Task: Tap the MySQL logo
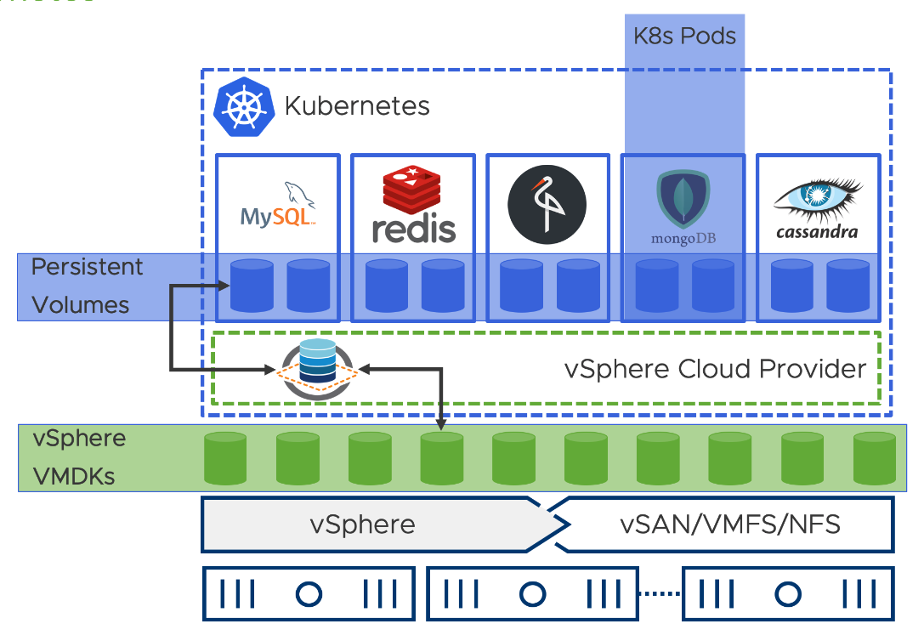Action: coord(277,206)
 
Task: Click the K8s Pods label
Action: coord(684,37)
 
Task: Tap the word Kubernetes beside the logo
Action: coord(357,106)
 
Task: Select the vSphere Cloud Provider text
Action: coord(715,369)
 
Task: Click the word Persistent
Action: coord(88,267)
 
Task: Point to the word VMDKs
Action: coord(74,476)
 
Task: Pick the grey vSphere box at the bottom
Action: coord(363,524)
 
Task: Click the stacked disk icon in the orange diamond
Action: coord(319,368)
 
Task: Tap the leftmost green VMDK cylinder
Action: coord(225,459)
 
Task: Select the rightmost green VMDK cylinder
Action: coord(876,459)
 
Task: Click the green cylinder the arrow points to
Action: coord(442,459)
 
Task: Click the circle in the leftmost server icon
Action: coord(307,593)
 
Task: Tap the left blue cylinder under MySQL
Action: coord(252,286)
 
